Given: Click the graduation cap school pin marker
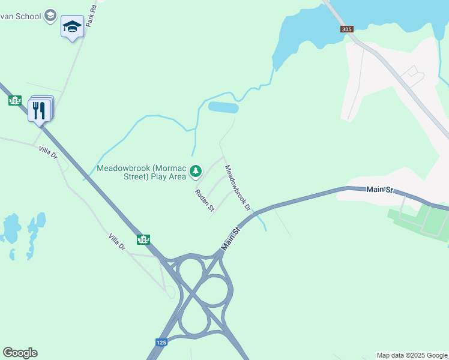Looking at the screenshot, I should (x=72, y=27).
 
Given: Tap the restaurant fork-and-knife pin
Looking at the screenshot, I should (x=39, y=110).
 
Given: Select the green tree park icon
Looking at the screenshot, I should (x=195, y=172).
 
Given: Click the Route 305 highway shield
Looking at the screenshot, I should (x=346, y=29).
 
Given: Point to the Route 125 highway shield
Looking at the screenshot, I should (x=161, y=342).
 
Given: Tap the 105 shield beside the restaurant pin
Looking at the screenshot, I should (x=15, y=100).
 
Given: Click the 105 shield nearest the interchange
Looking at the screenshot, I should (x=143, y=239).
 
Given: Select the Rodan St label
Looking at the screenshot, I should (x=204, y=200).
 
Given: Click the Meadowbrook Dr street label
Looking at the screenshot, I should (x=237, y=188).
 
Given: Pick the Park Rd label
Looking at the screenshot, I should (x=91, y=16).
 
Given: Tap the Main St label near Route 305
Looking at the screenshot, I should (x=379, y=190).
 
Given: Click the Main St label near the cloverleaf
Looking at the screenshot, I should (x=230, y=238).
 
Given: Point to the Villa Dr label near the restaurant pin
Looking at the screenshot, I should (x=47, y=152).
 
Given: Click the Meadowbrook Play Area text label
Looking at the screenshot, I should (x=142, y=172).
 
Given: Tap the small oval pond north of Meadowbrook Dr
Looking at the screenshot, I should (x=223, y=108).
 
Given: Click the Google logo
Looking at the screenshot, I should (x=20, y=353).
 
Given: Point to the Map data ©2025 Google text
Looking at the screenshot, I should (x=412, y=355).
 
